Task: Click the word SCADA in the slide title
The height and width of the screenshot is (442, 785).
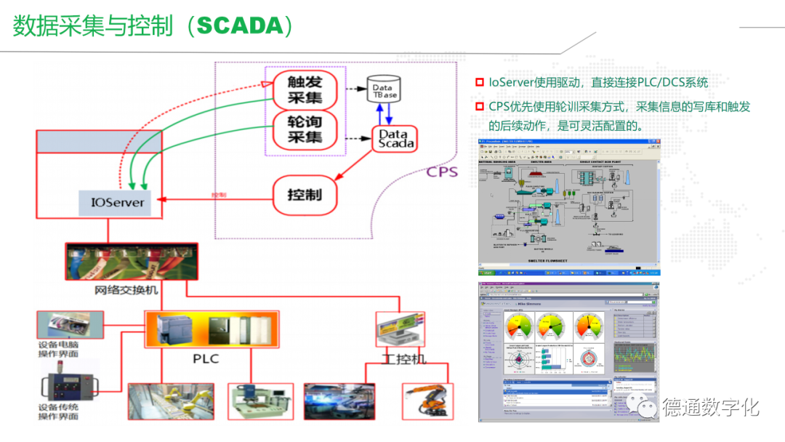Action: coord(239,27)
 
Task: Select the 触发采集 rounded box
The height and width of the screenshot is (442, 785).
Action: coord(305,90)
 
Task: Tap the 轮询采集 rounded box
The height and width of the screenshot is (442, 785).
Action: coord(305,129)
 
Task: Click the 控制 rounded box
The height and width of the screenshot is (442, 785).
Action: coord(305,195)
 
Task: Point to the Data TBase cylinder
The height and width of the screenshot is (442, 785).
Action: coord(382,89)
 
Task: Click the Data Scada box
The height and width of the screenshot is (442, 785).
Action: coord(396,138)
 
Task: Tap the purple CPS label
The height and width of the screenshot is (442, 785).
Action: coord(442,172)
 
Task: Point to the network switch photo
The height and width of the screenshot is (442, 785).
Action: coord(130,262)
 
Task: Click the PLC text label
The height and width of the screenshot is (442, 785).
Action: coord(205,358)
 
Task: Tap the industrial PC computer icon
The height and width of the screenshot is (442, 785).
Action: coord(398,329)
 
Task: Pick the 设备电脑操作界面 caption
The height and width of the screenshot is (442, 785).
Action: coord(58,349)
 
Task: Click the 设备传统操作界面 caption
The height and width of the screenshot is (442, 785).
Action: coord(58,411)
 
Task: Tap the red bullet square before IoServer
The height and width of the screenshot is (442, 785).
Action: coord(480,83)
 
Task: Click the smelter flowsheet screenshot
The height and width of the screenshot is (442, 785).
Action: coord(568,203)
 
